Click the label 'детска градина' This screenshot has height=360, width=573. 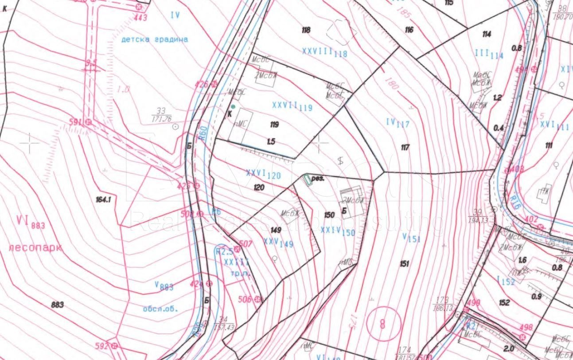click(x=154, y=39)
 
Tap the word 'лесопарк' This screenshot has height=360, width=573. click(x=35, y=247)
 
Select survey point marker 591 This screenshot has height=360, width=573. click(x=88, y=121)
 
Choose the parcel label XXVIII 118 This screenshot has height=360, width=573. click(x=324, y=52)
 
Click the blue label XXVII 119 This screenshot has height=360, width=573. click(x=292, y=106)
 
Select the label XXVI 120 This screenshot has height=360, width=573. click(x=263, y=174)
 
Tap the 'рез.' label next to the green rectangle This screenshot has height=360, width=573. click(x=319, y=179)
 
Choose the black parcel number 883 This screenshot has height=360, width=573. click(x=57, y=305)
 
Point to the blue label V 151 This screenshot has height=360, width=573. click(x=411, y=238)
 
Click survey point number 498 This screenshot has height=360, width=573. click(x=526, y=328)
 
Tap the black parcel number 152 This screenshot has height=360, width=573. click(x=504, y=303)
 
